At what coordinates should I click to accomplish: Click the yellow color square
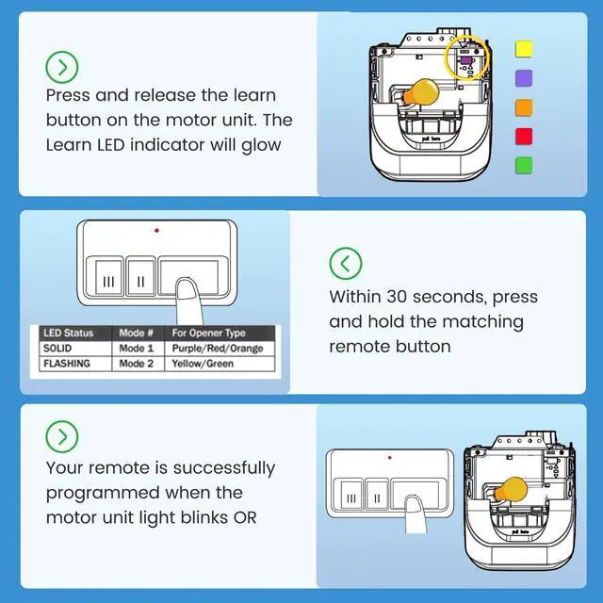click(524, 49)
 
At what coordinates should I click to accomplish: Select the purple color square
click(524, 78)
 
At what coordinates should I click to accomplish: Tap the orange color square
click(524, 107)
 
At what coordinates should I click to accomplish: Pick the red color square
click(524, 137)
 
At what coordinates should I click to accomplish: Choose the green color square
click(524, 166)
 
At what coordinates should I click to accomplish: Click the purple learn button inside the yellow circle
click(466, 60)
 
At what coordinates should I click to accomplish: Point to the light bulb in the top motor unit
click(420, 92)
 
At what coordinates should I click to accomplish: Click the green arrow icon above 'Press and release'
click(62, 67)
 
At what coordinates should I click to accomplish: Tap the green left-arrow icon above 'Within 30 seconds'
click(346, 264)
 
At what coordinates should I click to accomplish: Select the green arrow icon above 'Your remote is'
click(62, 436)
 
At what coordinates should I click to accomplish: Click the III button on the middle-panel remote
click(109, 278)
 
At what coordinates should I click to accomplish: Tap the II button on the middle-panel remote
click(140, 278)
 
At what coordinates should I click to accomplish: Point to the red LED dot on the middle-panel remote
click(156, 230)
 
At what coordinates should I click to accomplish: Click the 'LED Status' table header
click(69, 333)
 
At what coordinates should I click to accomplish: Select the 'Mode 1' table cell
click(136, 349)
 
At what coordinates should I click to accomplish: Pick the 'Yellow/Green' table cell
click(203, 364)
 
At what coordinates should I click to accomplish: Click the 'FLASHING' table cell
click(67, 364)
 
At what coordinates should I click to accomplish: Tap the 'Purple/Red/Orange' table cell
click(218, 349)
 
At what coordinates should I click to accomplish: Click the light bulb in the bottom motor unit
click(511, 490)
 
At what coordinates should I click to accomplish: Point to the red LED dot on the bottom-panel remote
click(389, 458)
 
